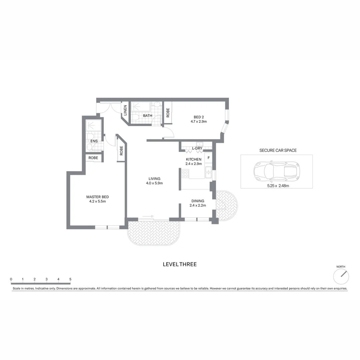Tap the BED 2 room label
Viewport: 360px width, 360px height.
click(x=199, y=117)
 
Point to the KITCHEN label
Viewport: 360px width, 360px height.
click(x=193, y=159)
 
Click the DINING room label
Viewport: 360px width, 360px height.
click(x=198, y=201)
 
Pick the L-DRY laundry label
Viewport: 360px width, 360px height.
click(x=197, y=148)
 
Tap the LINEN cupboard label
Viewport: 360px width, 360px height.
click(x=125, y=110)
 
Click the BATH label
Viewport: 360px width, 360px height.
click(x=147, y=116)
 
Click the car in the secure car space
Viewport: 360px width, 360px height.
click(x=276, y=171)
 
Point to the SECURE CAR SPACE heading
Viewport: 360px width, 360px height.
click(x=278, y=150)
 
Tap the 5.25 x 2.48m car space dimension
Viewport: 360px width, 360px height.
click(x=278, y=186)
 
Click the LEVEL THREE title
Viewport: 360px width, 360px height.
click(x=180, y=264)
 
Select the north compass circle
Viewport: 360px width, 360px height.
click(x=341, y=276)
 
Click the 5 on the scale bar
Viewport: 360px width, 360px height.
click(x=70, y=279)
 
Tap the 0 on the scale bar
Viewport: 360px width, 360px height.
click(x=11, y=279)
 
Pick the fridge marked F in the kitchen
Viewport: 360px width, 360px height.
click(x=208, y=157)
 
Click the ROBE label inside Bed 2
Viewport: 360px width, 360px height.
click(x=168, y=112)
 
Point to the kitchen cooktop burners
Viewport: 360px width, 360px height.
click(x=185, y=174)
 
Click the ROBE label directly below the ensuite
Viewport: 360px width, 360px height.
click(x=93, y=158)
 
